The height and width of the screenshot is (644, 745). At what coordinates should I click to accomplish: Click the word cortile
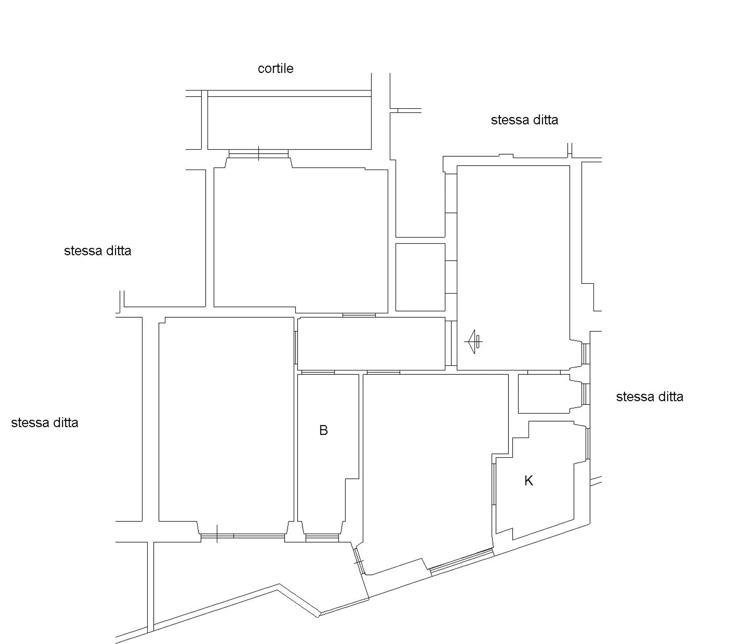pos(275,68)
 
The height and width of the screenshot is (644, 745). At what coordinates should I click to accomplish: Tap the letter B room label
pos(323,430)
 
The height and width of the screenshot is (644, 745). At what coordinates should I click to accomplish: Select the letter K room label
pos(529,480)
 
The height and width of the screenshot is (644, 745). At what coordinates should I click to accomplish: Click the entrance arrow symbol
pos(473,342)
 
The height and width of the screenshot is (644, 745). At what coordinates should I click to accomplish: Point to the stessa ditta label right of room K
pos(649,397)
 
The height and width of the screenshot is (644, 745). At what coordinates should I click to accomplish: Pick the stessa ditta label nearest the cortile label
pos(524,120)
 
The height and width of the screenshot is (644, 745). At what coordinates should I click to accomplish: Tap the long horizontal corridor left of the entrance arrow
pos(371,344)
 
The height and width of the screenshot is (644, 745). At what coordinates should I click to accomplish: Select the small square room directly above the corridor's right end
pos(420,277)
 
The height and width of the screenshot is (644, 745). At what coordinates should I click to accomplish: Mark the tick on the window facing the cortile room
pos(258,153)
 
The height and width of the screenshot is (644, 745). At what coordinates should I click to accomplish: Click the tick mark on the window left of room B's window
pos(217,534)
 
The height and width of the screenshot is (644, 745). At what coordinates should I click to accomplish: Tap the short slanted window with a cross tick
pos(359,561)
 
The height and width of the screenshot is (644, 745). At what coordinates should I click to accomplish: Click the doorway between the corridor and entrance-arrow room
pos(451,343)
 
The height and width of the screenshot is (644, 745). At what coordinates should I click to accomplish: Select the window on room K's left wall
pos(494,484)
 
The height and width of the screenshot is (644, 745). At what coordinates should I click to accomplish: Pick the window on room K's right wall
pos(588,444)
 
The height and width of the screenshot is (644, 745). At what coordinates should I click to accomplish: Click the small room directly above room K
pos(544,394)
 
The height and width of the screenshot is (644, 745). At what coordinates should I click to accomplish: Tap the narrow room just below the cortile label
pos(289,123)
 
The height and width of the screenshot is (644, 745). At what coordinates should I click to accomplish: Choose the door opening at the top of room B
pos(318,372)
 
